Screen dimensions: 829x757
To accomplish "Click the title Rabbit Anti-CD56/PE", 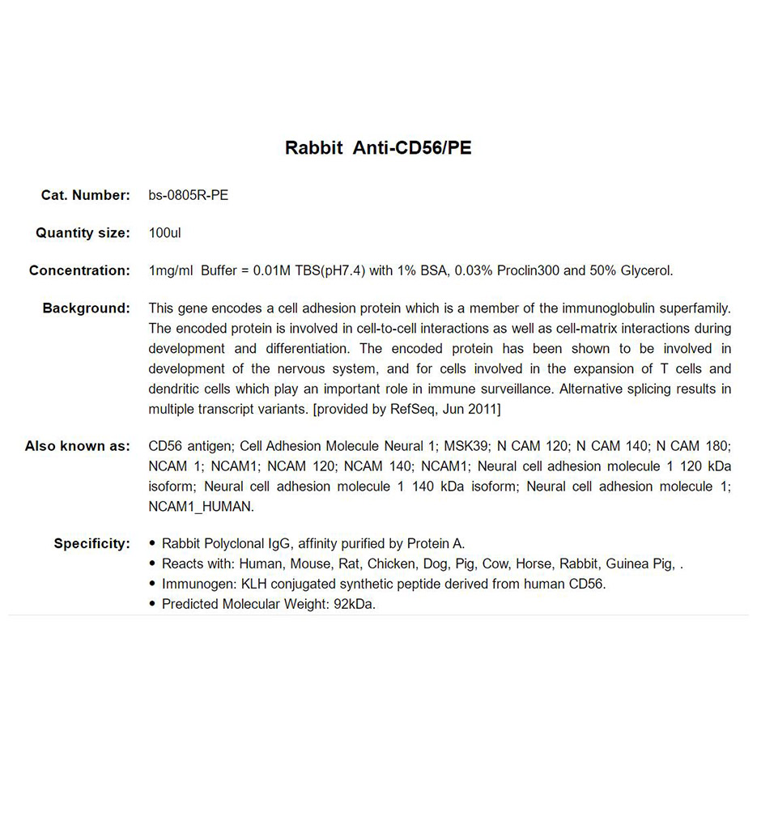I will (x=378, y=148).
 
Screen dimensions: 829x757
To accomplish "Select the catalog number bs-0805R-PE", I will (x=188, y=195).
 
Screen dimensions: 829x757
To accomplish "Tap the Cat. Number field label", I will (x=85, y=195).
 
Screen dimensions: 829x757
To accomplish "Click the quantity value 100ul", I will (x=164, y=233).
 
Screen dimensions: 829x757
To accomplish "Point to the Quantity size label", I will (x=82, y=233).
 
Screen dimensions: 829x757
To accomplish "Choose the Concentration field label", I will (x=79, y=270).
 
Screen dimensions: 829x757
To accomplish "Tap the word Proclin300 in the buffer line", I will (x=528, y=270).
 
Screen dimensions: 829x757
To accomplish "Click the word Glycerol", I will (x=646, y=270).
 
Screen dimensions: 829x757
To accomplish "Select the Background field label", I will (x=86, y=308).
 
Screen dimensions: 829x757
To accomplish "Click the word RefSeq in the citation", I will (x=413, y=410).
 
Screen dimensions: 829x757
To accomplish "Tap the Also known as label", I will (x=77, y=446).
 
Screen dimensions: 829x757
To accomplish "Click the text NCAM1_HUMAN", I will (x=201, y=507).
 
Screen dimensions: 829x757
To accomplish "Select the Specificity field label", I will (x=91, y=544).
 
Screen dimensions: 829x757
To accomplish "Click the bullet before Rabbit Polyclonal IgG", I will (x=153, y=544).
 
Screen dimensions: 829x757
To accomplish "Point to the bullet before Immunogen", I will (x=153, y=585).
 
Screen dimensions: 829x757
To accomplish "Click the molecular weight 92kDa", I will (x=355, y=605).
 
